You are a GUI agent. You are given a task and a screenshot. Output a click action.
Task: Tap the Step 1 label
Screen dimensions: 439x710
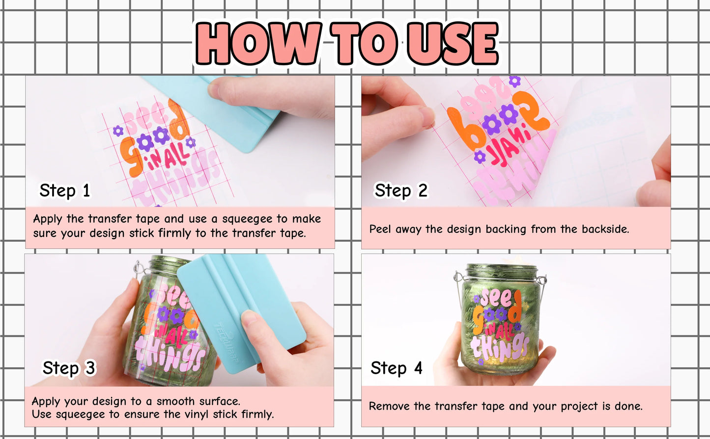pos(65,191)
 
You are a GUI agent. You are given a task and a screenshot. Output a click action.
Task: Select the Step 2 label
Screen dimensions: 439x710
pos(401,191)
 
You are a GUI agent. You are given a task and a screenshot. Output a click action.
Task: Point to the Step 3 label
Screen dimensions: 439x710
pos(69,368)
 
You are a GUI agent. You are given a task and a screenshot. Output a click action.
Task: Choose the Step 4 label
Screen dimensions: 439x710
pos(396,368)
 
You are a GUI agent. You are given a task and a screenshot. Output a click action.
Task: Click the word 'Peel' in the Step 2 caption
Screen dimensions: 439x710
pos(380,229)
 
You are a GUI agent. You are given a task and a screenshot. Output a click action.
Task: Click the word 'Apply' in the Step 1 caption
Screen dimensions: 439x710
pos(48,219)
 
